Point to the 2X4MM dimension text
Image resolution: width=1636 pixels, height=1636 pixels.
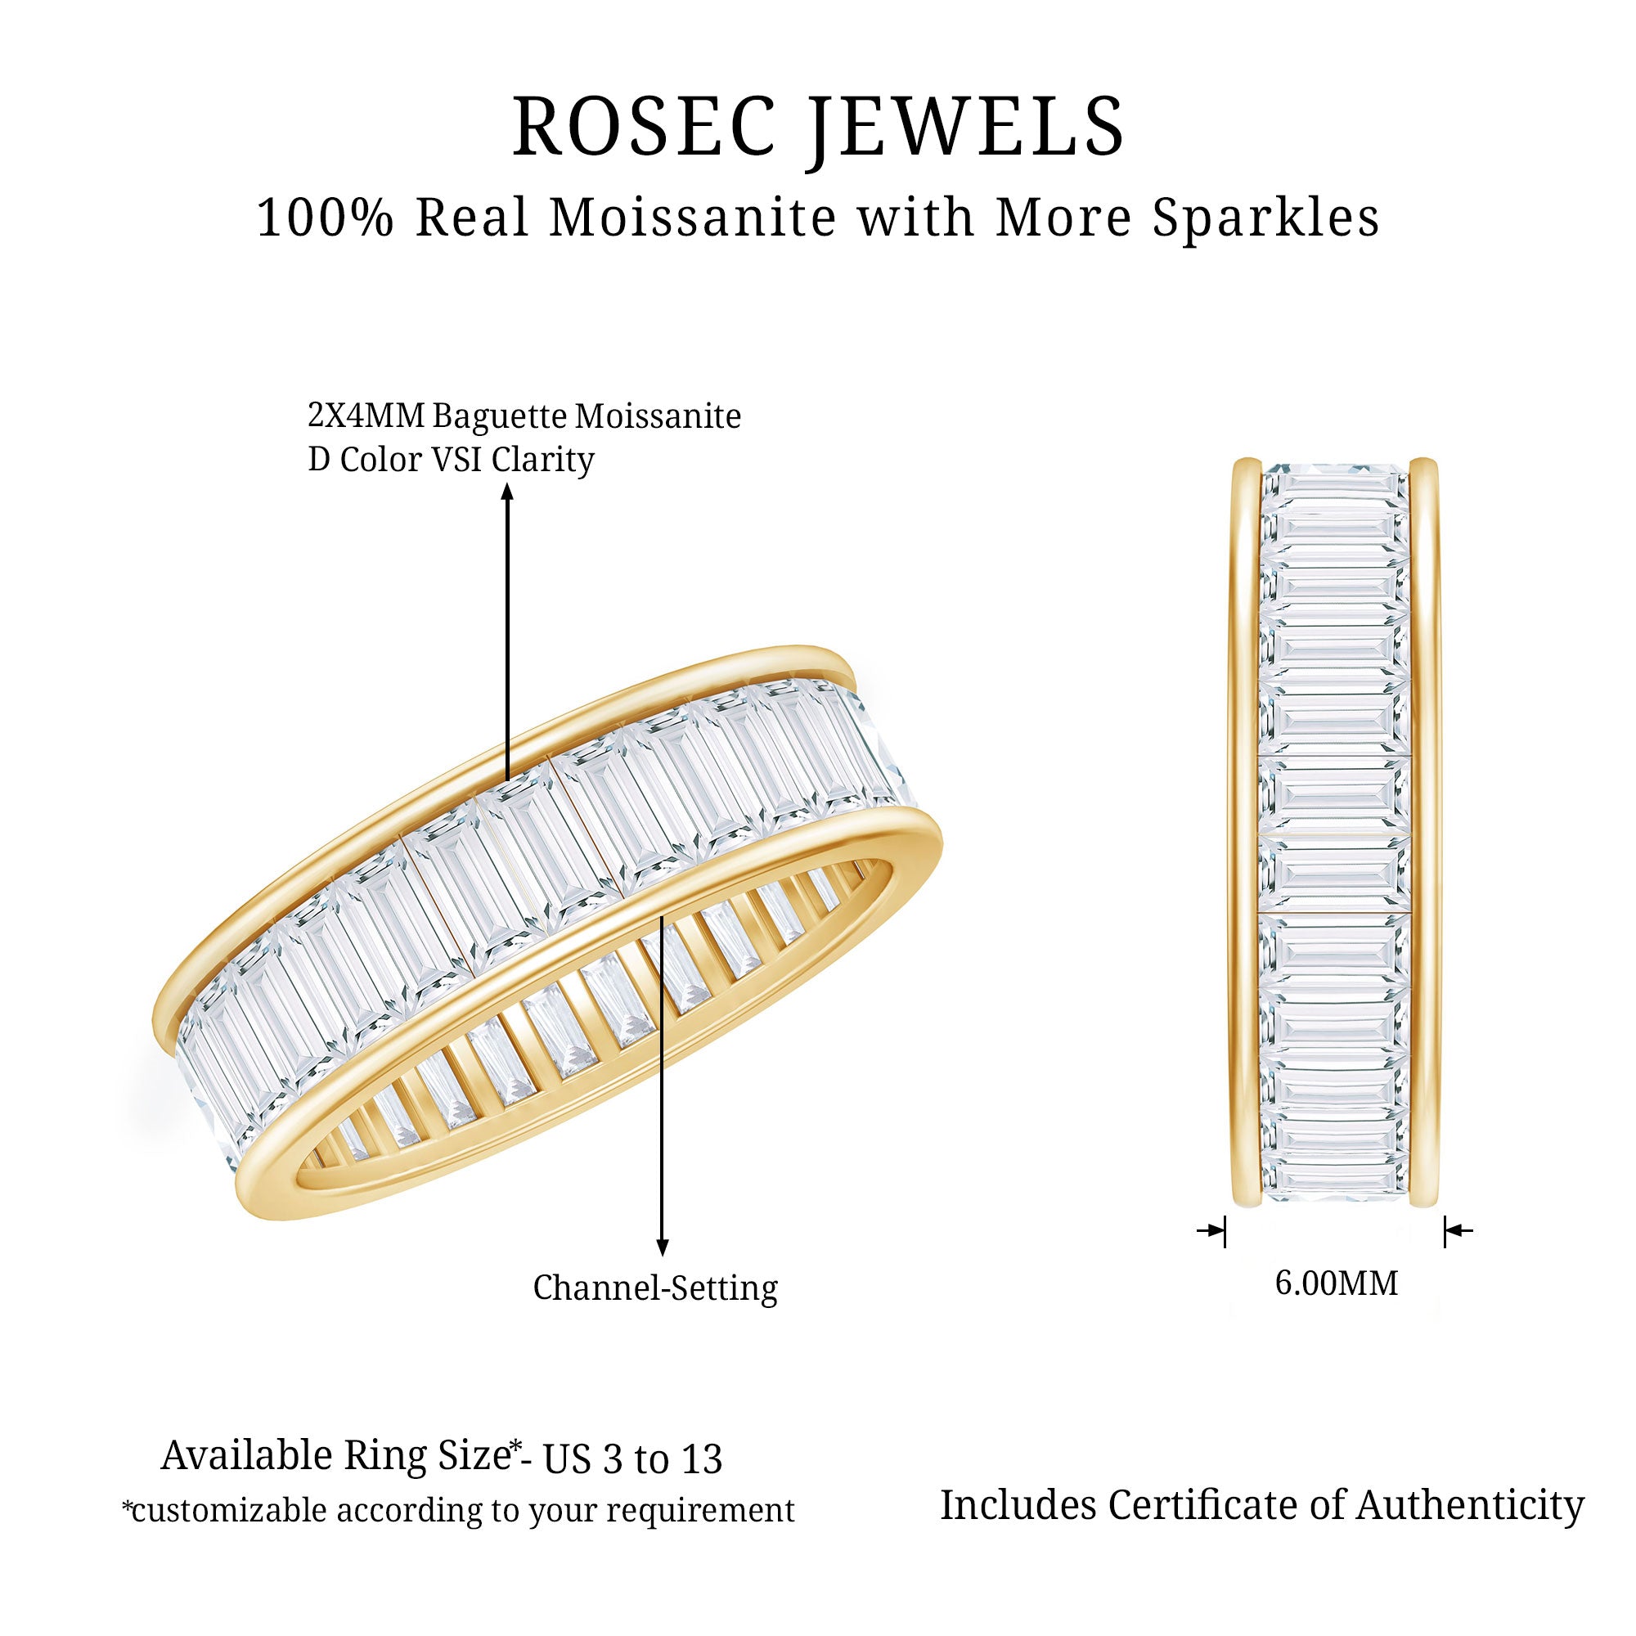tap(366, 416)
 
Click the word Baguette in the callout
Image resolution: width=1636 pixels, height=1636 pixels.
tap(500, 416)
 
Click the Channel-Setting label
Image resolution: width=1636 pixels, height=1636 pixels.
tap(654, 1288)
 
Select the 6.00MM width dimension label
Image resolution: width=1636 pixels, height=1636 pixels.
tap(1337, 1283)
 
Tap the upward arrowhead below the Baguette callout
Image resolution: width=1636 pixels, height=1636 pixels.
tap(507, 491)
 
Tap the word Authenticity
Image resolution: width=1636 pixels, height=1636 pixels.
tap(1470, 1506)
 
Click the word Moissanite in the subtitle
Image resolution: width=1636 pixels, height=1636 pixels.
tap(692, 218)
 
